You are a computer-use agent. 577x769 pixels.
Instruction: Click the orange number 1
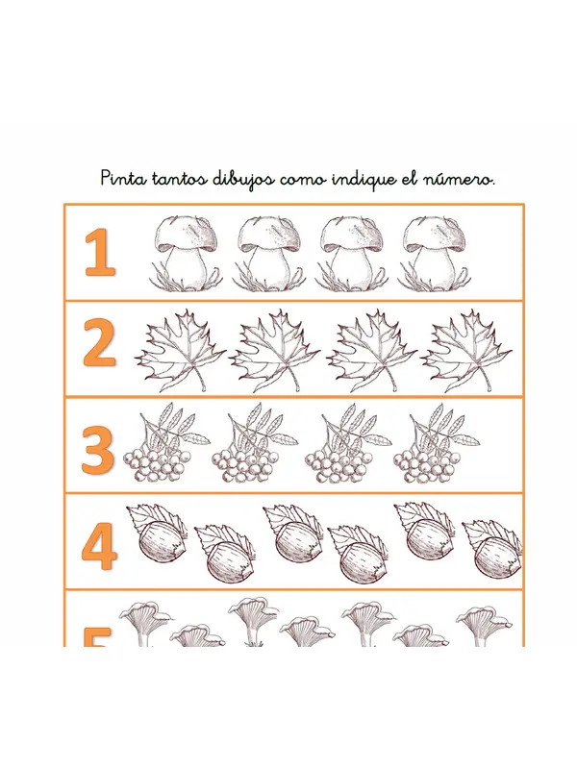point(100,252)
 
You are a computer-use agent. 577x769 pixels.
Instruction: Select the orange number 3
point(98,450)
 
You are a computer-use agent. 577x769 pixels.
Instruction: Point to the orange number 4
point(99,546)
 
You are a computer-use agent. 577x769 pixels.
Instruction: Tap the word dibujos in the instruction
point(243,180)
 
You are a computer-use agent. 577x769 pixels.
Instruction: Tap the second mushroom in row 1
point(268,253)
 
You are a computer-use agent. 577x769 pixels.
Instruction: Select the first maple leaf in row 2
point(180,350)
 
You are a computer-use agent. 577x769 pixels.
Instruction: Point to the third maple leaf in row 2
point(371,350)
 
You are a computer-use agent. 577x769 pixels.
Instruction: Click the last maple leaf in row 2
point(466,350)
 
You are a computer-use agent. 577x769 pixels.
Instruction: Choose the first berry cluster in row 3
point(165,442)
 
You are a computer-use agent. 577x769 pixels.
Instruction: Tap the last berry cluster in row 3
point(437,442)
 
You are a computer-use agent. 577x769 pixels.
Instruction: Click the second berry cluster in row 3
point(255,442)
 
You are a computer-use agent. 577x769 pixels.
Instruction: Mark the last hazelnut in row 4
point(492,548)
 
